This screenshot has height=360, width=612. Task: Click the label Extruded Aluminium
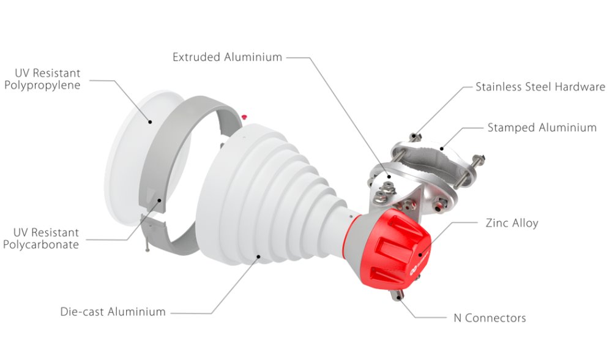[227, 57]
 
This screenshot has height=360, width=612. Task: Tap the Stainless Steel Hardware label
[540, 87]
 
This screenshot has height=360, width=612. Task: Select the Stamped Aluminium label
[542, 128]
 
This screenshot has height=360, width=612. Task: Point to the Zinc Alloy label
[512, 223]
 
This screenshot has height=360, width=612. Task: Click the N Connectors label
[490, 318]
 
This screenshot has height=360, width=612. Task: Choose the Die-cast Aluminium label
[113, 312]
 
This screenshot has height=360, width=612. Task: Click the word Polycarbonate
[41, 245]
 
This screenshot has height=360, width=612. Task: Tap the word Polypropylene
[42, 86]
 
